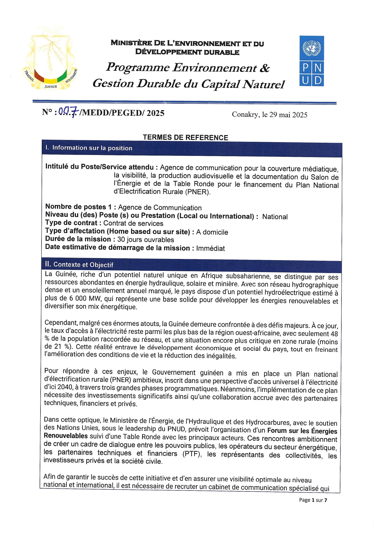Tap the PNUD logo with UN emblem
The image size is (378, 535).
[x=311, y=61]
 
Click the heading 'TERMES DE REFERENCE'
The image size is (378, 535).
[x=185, y=138]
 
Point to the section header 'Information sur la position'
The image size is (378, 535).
[x=92, y=148]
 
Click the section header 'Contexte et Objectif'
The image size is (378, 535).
[x=83, y=264]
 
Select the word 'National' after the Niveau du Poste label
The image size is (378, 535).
[x=275, y=217]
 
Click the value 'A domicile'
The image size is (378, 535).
[x=212, y=232]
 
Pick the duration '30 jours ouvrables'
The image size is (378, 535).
[x=145, y=240]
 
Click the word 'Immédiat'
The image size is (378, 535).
[x=210, y=248]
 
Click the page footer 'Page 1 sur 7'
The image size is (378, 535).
[x=313, y=500]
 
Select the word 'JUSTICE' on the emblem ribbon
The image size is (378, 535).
[x=51, y=87]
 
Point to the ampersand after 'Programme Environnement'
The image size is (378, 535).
[x=264, y=68]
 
